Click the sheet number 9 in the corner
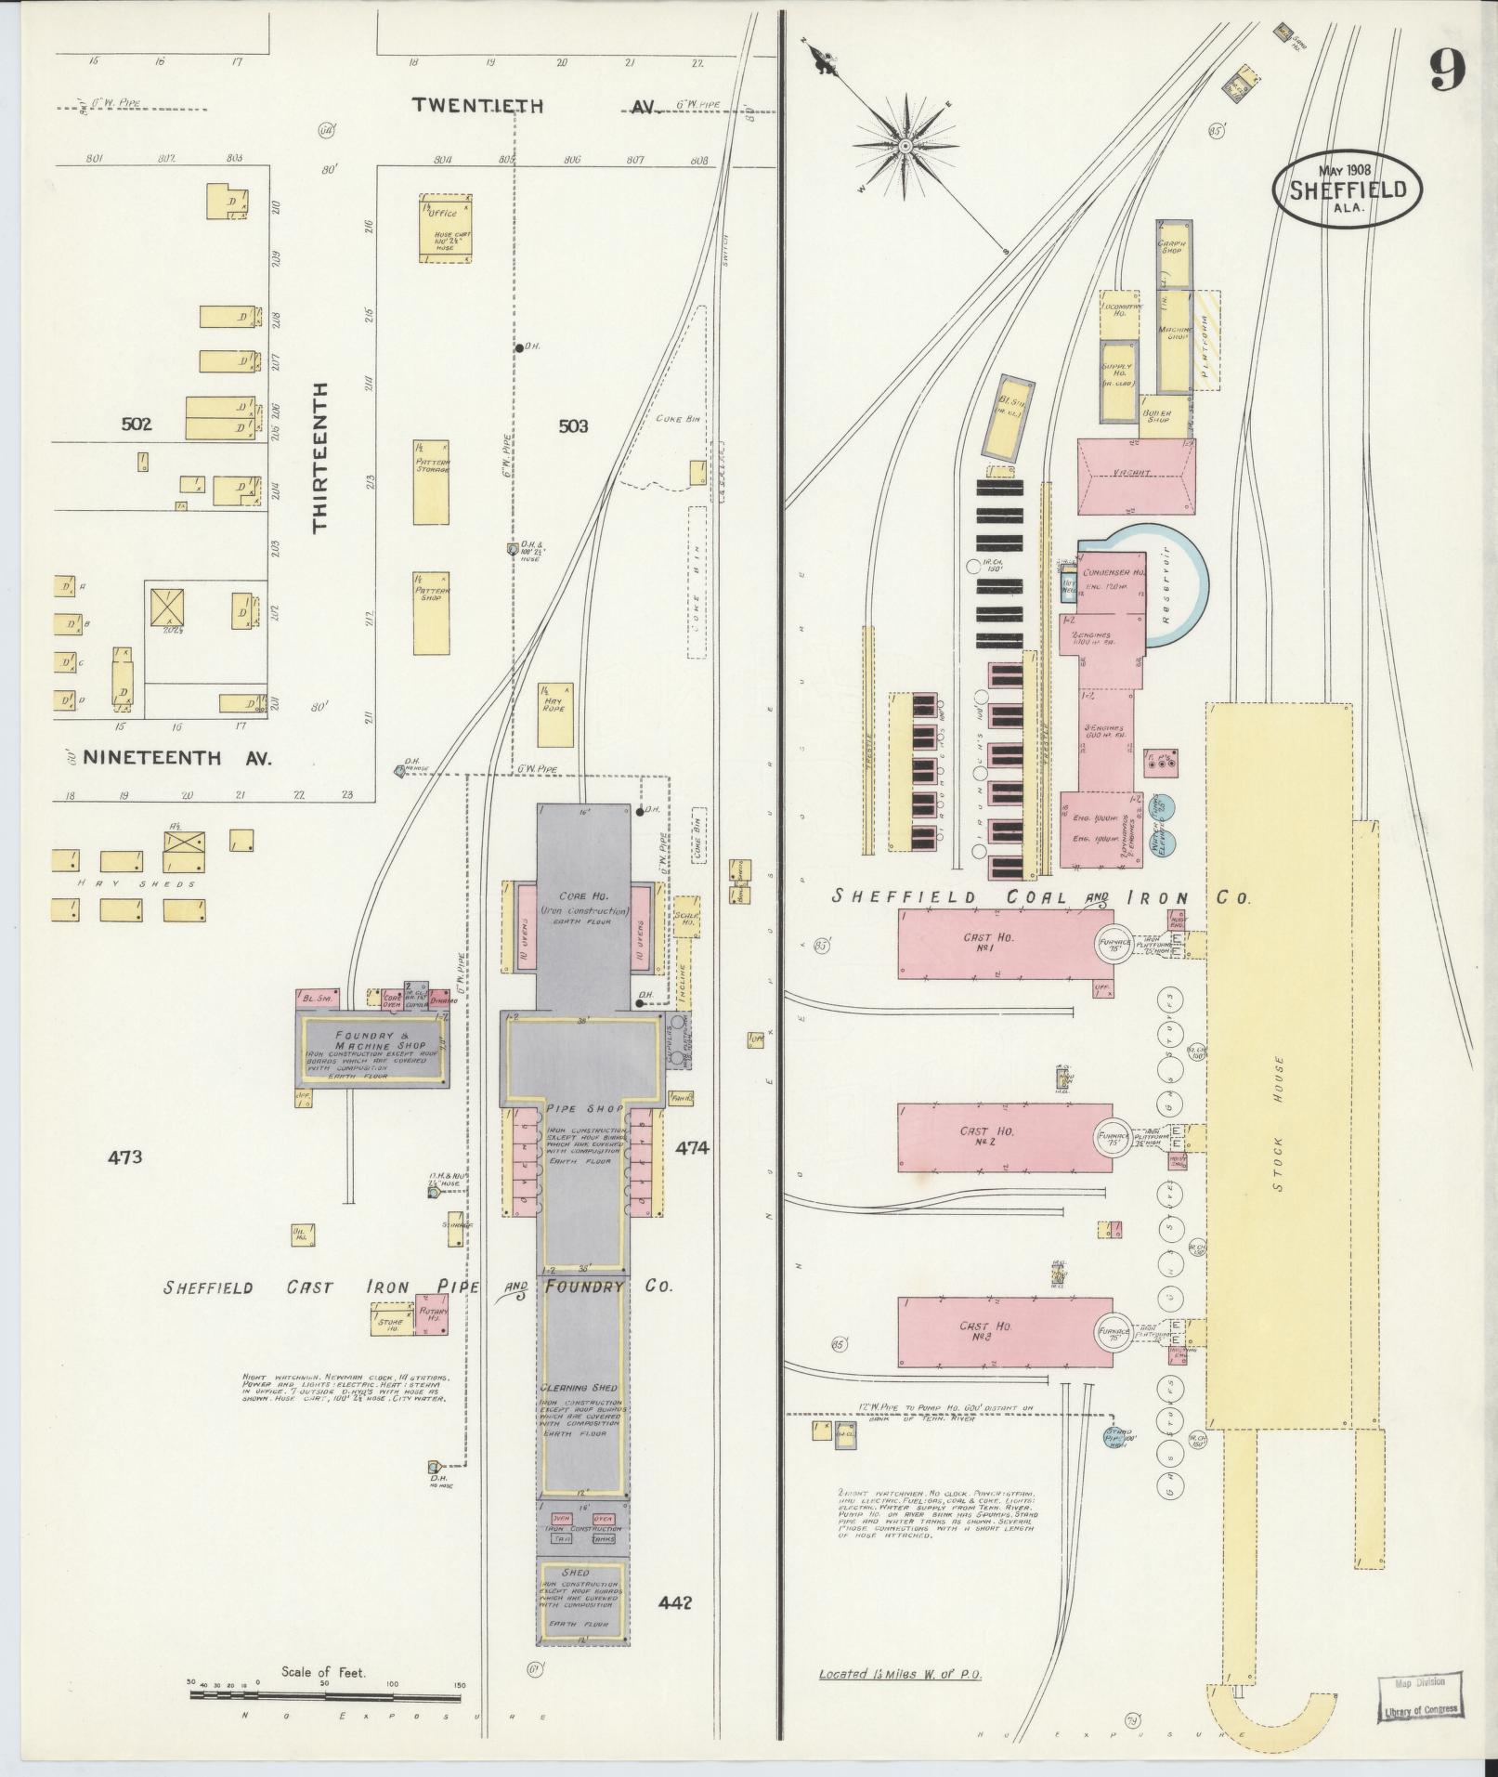pos(1447,70)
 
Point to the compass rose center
pos(904,146)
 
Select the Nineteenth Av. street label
pos(177,758)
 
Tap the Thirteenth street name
pos(320,457)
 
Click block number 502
pos(137,425)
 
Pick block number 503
pos(573,426)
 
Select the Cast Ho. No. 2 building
pos(1003,1138)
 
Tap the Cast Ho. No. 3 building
pos(1003,1332)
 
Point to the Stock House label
pos(1279,1124)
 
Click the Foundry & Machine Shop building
pos(372,1047)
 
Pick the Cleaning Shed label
pos(580,1413)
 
